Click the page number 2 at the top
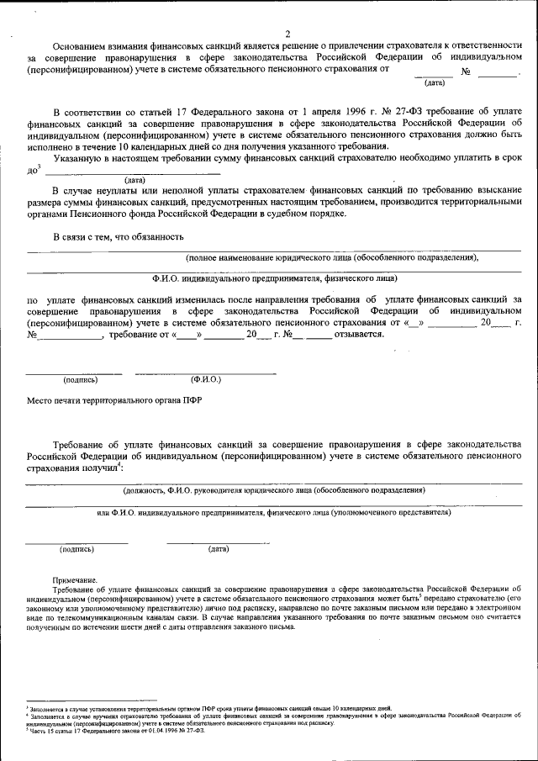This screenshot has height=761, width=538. point(287,34)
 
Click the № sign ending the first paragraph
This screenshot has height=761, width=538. point(464,73)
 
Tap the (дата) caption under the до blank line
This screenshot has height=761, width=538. point(135,181)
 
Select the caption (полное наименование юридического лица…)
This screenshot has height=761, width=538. point(332,257)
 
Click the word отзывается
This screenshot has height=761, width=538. point(359,334)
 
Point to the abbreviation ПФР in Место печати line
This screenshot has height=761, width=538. point(193,400)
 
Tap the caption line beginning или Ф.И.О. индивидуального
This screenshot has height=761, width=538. point(273,512)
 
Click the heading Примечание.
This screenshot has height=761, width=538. point(75,580)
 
